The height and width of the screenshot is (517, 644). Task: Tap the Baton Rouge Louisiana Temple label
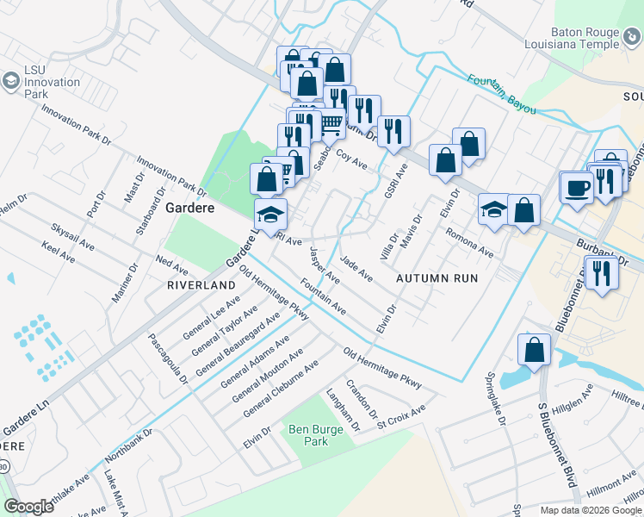click(573, 39)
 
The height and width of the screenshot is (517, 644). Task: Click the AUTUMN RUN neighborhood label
click(436, 278)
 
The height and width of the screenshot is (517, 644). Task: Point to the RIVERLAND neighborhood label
click(201, 284)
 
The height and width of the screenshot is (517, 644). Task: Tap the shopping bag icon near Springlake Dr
click(534, 350)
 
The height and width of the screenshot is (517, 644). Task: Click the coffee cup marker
click(576, 186)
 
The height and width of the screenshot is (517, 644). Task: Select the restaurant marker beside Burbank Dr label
click(601, 273)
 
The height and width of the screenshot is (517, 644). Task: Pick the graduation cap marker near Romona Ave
click(494, 209)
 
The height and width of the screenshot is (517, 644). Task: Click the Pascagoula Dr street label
click(168, 358)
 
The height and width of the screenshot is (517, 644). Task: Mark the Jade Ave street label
click(356, 268)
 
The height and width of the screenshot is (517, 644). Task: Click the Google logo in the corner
click(29, 507)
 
